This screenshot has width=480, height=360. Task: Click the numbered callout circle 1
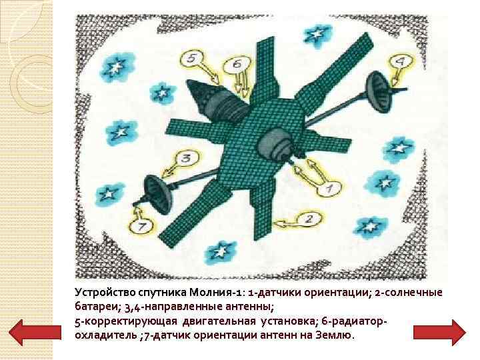pyautogui.click(x=329, y=188)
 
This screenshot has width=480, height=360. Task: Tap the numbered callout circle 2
pyautogui.click(x=309, y=219)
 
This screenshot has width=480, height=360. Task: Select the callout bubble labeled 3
pyautogui.click(x=187, y=158)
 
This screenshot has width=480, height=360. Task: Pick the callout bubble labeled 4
pyautogui.click(x=400, y=63)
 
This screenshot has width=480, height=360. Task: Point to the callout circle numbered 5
pyautogui.click(x=191, y=59)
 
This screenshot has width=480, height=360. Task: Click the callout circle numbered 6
pyautogui.click(x=237, y=64)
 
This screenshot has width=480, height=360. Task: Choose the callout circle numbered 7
pyautogui.click(x=142, y=227)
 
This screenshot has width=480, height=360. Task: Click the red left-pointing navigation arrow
pyautogui.click(x=35, y=332)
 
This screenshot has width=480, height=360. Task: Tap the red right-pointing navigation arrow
pyautogui.click(x=439, y=332)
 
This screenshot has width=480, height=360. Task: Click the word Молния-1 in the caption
pyautogui.click(x=216, y=293)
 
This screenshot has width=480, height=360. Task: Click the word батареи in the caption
pyautogui.click(x=95, y=307)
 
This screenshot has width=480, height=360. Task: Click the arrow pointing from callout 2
pyautogui.click(x=285, y=223)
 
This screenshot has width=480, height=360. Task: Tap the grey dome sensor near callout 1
pyautogui.click(x=275, y=143)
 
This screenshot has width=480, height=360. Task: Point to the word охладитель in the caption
pyautogui.click(x=106, y=335)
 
